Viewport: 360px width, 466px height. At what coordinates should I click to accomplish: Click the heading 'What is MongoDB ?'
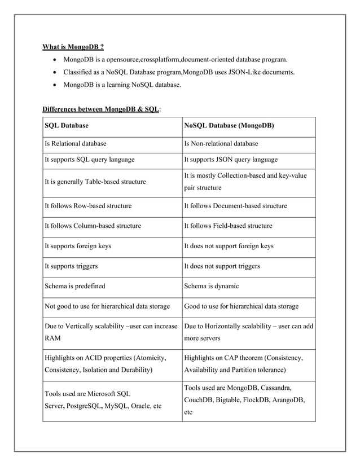(73, 46)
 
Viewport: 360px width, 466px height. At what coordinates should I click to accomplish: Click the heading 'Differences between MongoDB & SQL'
(101, 108)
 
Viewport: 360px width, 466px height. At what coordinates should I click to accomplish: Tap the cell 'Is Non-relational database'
(221, 144)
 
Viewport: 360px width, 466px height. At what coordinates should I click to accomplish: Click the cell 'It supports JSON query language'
(231, 160)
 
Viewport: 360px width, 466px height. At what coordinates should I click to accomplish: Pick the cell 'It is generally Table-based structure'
(95, 182)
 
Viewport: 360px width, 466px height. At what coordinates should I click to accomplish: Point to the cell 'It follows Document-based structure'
(235, 206)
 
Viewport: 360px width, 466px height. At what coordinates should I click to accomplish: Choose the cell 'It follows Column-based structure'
(93, 226)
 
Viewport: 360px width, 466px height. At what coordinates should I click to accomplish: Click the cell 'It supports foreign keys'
(78, 246)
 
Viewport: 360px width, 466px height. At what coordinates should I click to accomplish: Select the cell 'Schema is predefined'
(74, 286)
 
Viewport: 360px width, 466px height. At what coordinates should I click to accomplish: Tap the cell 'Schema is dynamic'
(212, 286)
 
